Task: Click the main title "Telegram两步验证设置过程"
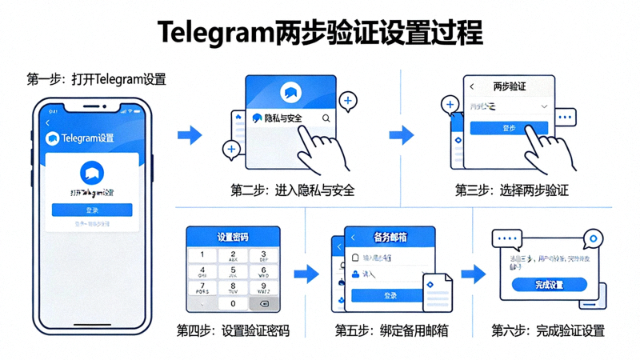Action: click(x=320, y=33)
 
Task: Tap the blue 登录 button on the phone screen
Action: click(x=92, y=210)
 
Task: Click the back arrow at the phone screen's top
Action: click(x=48, y=123)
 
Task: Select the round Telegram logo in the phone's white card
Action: click(x=92, y=172)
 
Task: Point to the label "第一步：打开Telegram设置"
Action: click(x=96, y=79)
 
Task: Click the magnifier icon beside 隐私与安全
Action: click(x=326, y=118)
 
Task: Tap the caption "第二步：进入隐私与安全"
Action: click(x=292, y=190)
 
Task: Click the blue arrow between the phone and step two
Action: click(x=190, y=134)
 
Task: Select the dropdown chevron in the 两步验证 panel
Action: click(x=544, y=106)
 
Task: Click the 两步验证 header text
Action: click(x=509, y=86)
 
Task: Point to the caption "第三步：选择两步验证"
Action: click(x=512, y=190)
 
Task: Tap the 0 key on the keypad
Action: click(x=233, y=304)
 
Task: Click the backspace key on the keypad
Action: click(x=264, y=304)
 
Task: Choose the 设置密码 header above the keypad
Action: click(x=233, y=237)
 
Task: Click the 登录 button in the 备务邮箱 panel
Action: click(x=390, y=295)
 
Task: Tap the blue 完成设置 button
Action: click(x=549, y=285)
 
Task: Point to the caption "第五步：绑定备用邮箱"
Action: click(x=391, y=330)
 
